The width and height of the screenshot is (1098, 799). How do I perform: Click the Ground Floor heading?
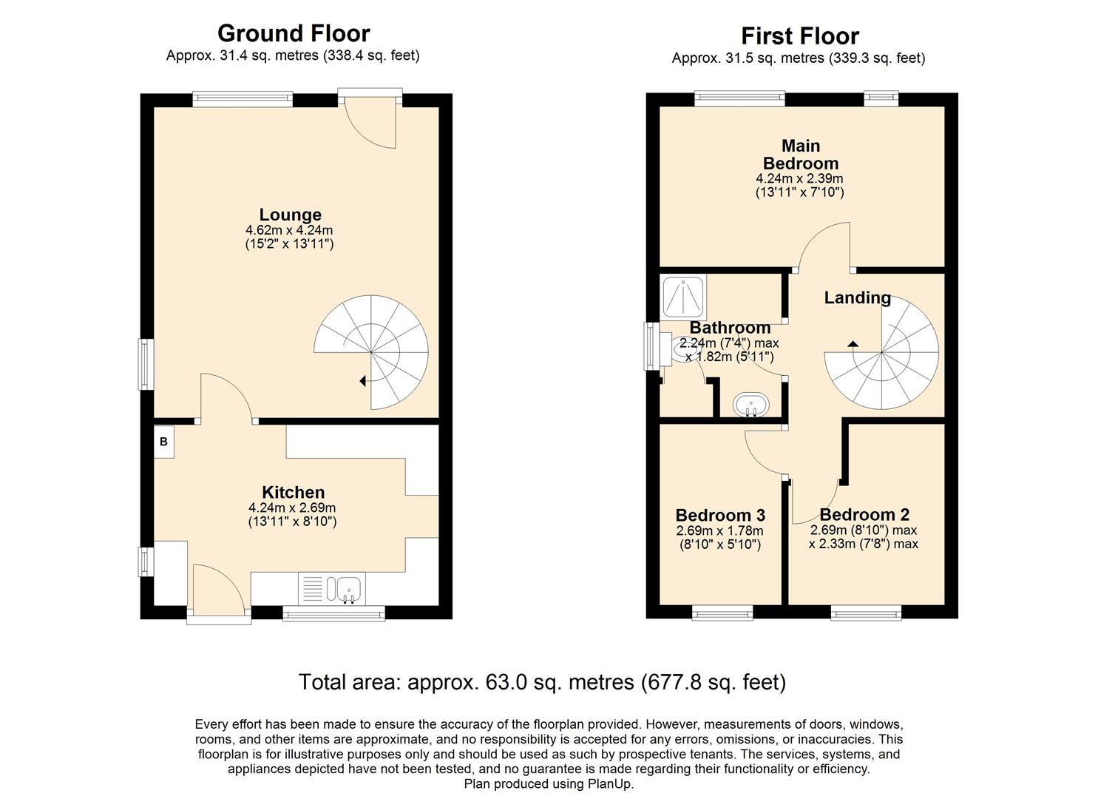pyautogui.click(x=294, y=33)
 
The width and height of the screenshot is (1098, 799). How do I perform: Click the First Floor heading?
pyautogui.click(x=799, y=36)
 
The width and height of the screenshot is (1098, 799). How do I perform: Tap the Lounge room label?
pyautogui.click(x=290, y=215)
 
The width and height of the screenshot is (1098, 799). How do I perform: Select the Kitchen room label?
pyautogui.click(x=293, y=492)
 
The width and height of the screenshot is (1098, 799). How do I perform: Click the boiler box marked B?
pyautogui.click(x=164, y=442)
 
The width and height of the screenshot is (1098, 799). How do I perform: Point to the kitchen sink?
pyautogui.click(x=348, y=589)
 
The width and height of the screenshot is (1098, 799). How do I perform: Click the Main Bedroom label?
pyautogui.click(x=801, y=155)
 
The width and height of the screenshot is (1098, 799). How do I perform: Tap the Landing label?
pyautogui.click(x=857, y=297)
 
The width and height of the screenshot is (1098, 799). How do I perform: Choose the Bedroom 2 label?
pyautogui.click(x=864, y=514)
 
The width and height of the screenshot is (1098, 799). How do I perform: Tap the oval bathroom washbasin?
pyautogui.click(x=751, y=405)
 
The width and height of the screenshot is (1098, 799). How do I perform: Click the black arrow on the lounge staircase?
pyautogui.click(x=362, y=381)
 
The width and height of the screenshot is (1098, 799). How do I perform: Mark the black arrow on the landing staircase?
pyautogui.click(x=853, y=343)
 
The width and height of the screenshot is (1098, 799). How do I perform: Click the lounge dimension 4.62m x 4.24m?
pyautogui.click(x=290, y=230)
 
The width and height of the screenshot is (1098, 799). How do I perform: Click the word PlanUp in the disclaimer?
pyautogui.click(x=611, y=783)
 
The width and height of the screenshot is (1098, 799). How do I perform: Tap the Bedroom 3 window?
pyautogui.click(x=722, y=613)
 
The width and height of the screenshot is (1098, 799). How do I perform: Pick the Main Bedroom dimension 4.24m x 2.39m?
pyautogui.click(x=799, y=178)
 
